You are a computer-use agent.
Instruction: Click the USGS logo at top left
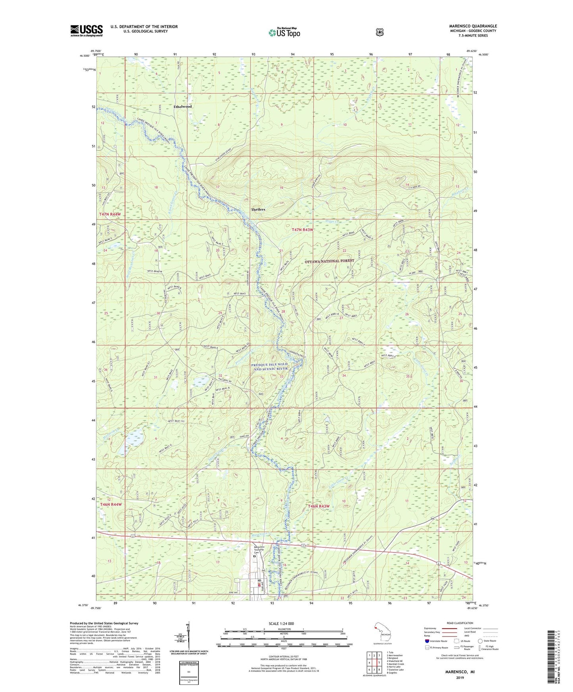86,31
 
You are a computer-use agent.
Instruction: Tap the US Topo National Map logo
284,32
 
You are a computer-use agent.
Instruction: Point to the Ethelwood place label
182,107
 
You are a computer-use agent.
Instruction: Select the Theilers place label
258,209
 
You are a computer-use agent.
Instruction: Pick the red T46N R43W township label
319,506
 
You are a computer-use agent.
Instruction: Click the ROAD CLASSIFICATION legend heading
460,623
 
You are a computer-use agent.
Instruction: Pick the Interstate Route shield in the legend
427,641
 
